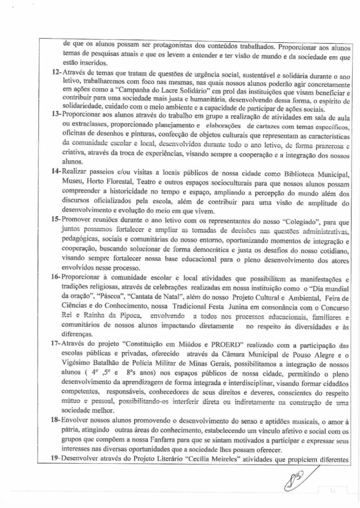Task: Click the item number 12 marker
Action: pyautogui.click(x=56, y=72)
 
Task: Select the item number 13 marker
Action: pyautogui.click(x=56, y=114)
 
